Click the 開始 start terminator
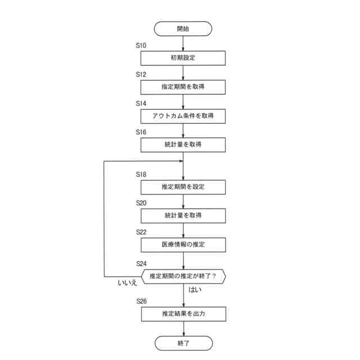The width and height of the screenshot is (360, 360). pos(183,28)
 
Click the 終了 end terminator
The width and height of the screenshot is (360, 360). pos(183,343)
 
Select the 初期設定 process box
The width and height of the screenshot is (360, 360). pos(183,58)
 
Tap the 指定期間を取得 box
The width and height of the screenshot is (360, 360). pos(183,87)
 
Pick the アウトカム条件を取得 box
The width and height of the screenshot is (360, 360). pos(183,116)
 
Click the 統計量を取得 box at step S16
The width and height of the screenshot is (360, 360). pos(183,145)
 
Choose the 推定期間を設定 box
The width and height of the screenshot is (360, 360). pos(183,187)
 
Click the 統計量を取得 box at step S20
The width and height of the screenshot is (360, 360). pos(183,216)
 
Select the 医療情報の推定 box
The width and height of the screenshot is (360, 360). pos(183,245)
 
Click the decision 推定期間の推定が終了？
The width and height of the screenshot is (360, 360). pos(183,276)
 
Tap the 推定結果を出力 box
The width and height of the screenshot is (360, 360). pos(183,314)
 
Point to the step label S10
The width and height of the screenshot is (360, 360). pos(141,45)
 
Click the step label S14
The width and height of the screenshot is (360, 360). pos(141,103)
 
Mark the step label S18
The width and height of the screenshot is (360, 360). pos(141,174)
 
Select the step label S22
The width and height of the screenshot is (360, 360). pos(141,232)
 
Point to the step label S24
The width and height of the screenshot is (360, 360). pos(141,263)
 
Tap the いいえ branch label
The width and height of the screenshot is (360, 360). pos(128,283)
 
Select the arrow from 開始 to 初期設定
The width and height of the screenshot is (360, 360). pos(183,43)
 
